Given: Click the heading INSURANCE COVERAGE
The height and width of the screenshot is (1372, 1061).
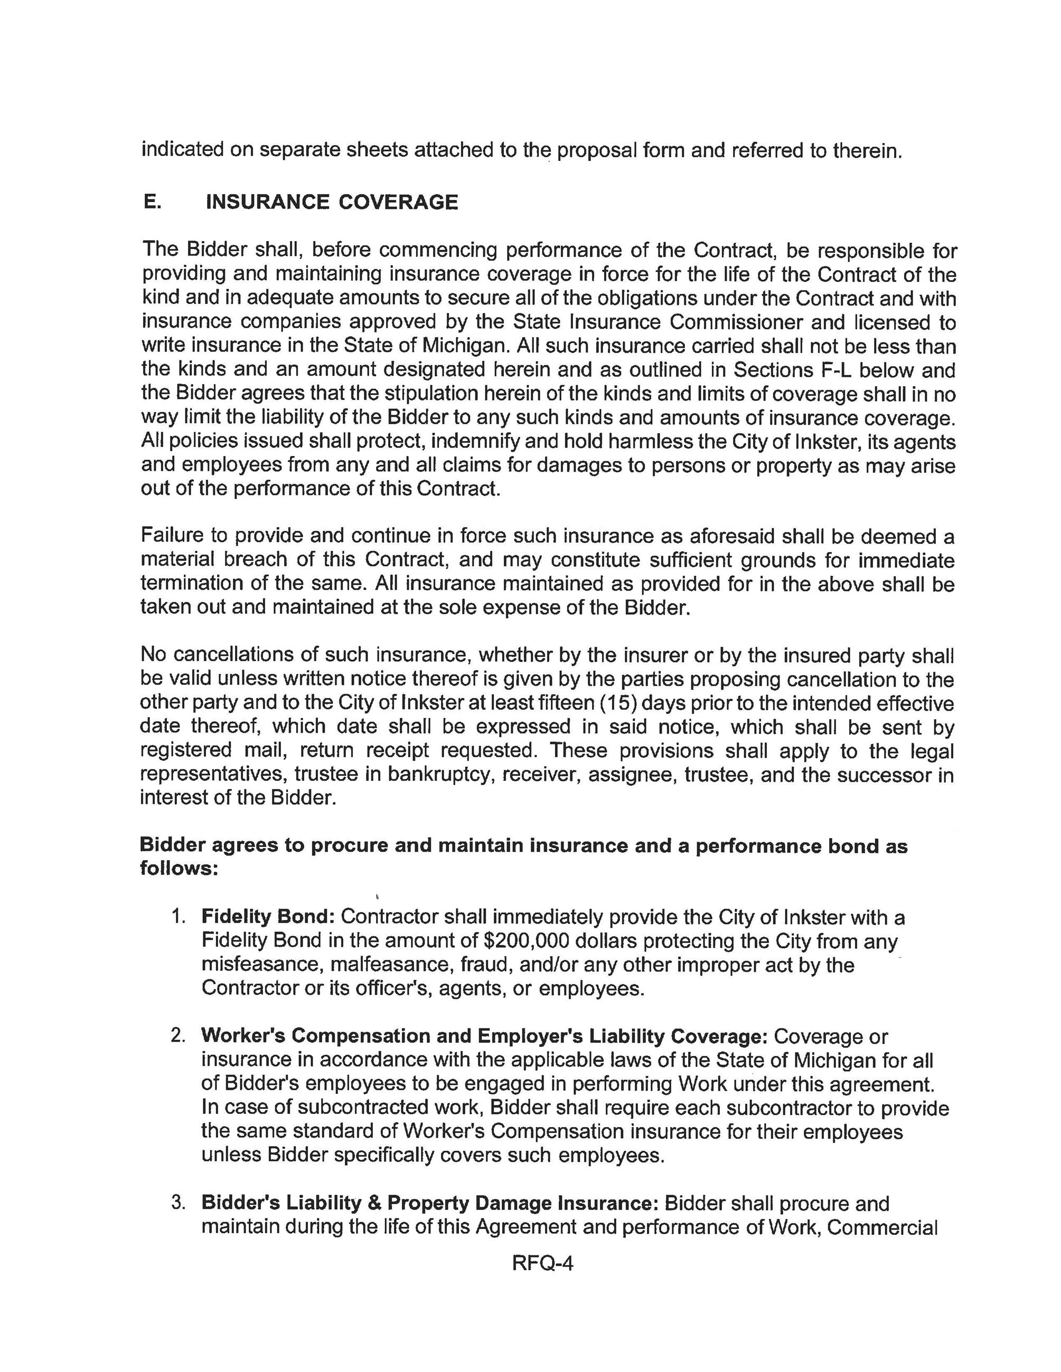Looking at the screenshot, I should pyautogui.click(x=332, y=202).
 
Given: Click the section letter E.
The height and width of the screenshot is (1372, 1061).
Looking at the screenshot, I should pyautogui.click(x=152, y=202).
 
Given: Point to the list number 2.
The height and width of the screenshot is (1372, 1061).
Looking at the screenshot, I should pyautogui.click(x=178, y=1035).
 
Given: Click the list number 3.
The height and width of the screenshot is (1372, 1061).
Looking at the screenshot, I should pyautogui.click(x=178, y=1203).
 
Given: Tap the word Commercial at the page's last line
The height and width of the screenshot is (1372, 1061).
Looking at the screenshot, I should pyautogui.click(x=882, y=1227).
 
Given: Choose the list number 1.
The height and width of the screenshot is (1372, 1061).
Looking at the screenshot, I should pyautogui.click(x=178, y=917).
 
